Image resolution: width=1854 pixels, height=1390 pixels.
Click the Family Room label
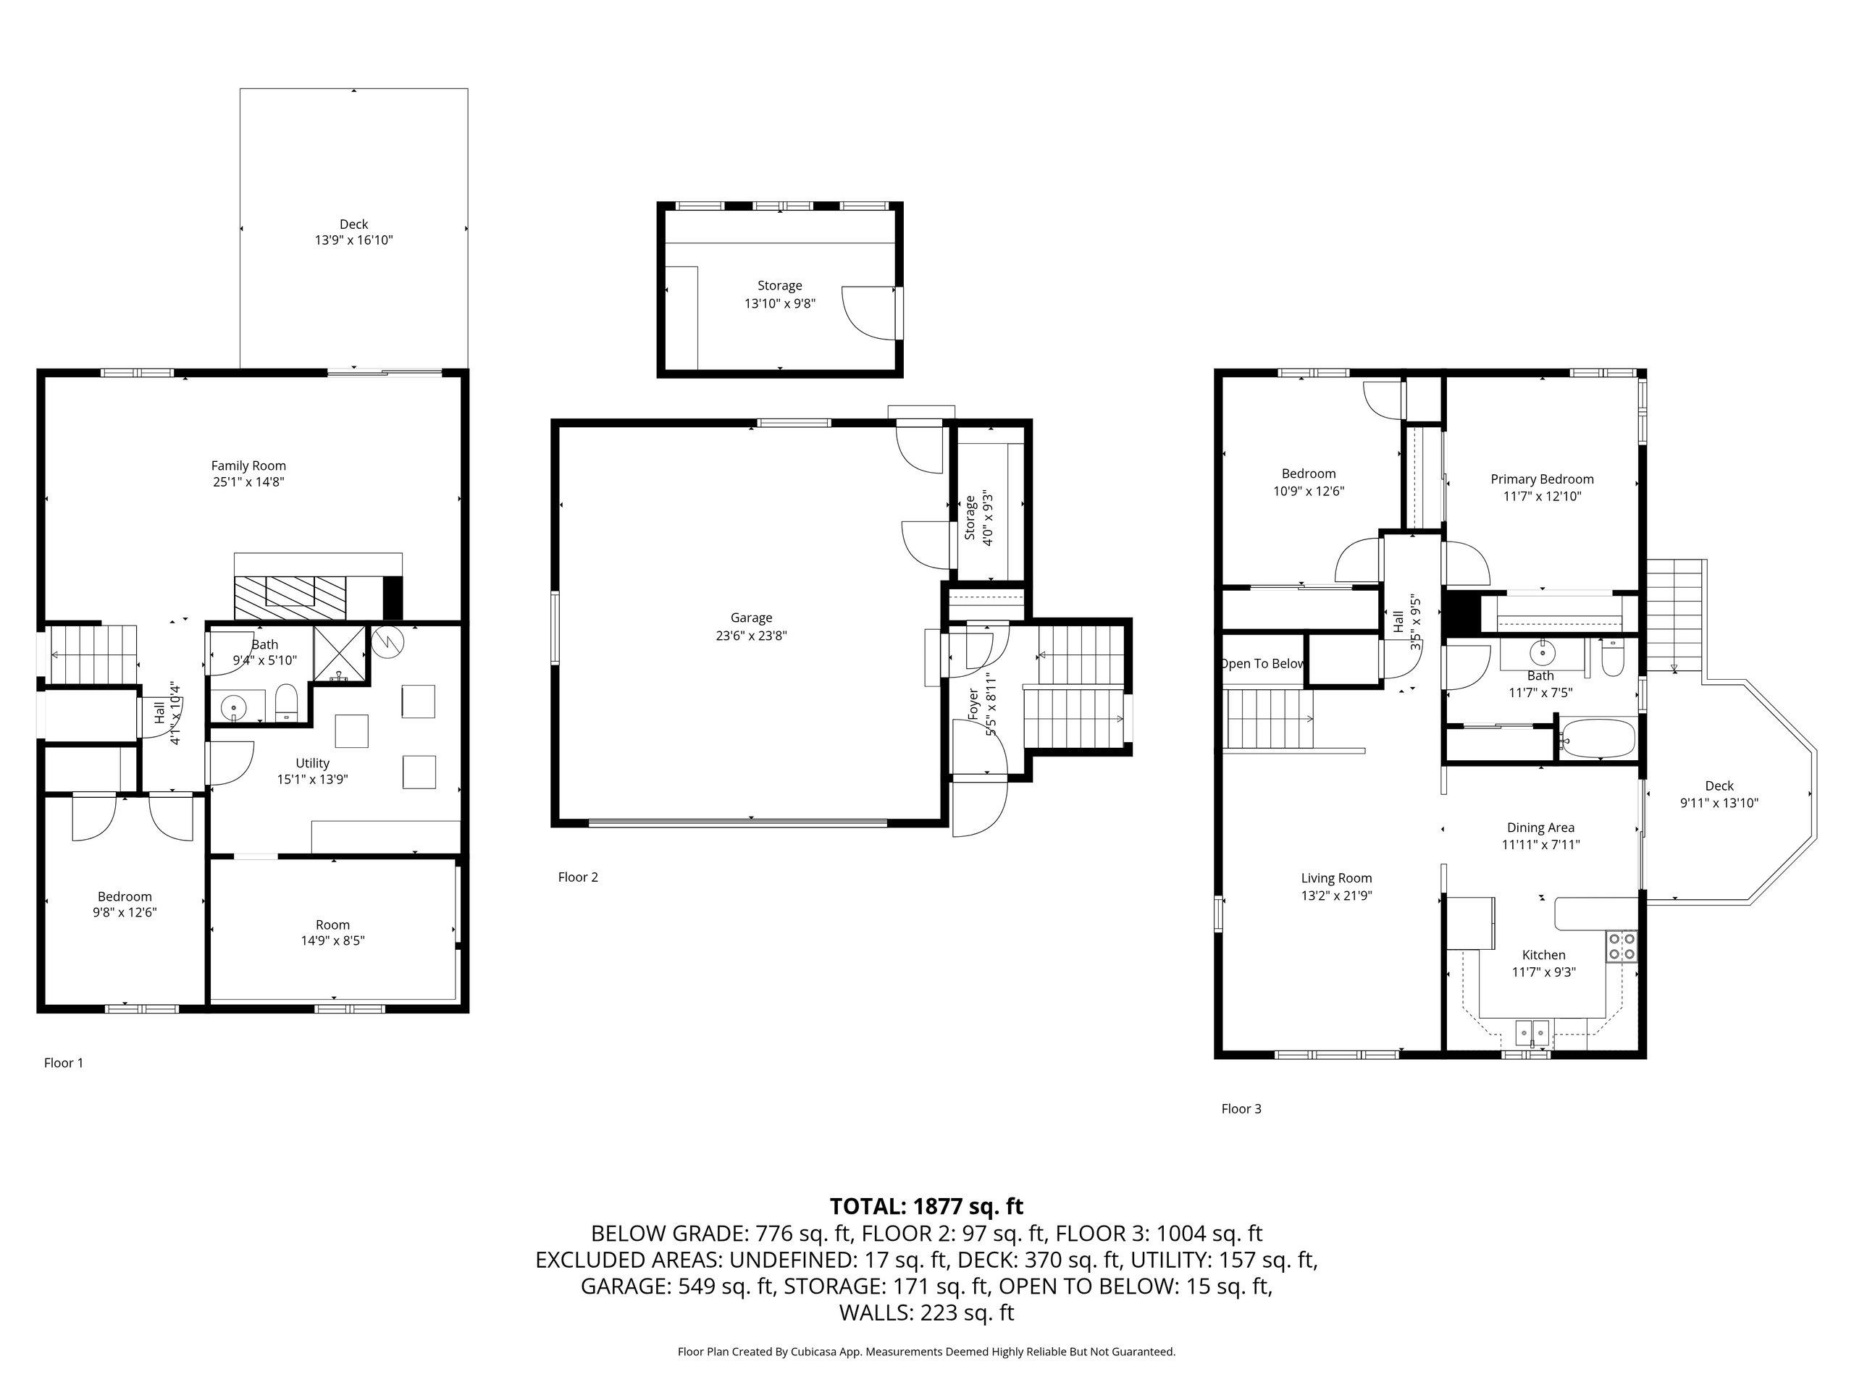point(248,466)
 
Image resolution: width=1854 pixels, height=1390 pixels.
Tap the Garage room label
point(751,618)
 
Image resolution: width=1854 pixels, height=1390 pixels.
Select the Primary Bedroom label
point(1542,479)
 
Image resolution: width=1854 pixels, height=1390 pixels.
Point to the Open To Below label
point(1262,664)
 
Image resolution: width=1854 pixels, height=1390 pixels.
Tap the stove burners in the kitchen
point(1622,947)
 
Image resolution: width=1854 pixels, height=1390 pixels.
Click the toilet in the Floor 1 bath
point(287,703)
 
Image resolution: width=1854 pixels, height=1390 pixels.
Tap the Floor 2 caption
point(579,877)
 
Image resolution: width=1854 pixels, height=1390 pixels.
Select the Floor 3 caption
point(1241,1108)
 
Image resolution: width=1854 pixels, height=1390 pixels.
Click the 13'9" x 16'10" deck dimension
point(353,240)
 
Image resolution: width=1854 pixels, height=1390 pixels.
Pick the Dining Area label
point(1540,827)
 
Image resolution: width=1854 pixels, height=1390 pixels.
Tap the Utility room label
point(313,763)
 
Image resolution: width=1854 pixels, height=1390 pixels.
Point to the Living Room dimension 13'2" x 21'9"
point(1337,895)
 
